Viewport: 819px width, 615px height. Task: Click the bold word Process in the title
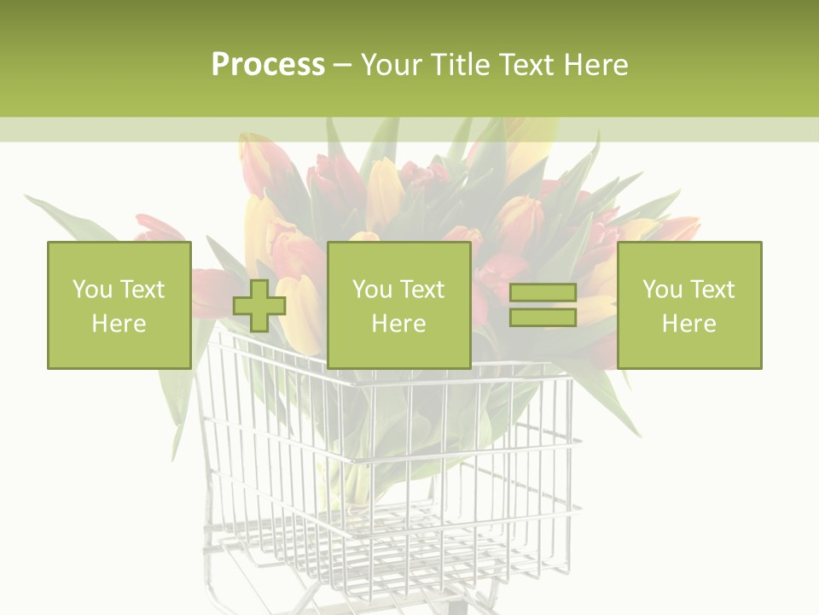268,65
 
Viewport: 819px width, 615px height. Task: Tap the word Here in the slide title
596,65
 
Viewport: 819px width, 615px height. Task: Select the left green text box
119,306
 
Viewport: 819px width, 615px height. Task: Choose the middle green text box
399,306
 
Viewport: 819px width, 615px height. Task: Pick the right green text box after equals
689,306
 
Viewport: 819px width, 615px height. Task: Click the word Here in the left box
119,324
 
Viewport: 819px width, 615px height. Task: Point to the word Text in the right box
714,290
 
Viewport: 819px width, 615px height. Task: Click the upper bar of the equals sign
543,293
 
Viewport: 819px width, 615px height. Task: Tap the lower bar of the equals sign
543,318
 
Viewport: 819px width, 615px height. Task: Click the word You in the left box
92,290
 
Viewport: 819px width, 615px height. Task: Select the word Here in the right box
689,324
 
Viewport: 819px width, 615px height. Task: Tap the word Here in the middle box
399,324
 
